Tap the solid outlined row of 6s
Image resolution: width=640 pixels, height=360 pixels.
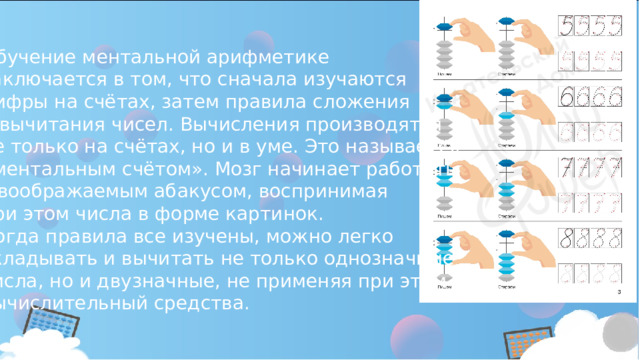click(x=591, y=97)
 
